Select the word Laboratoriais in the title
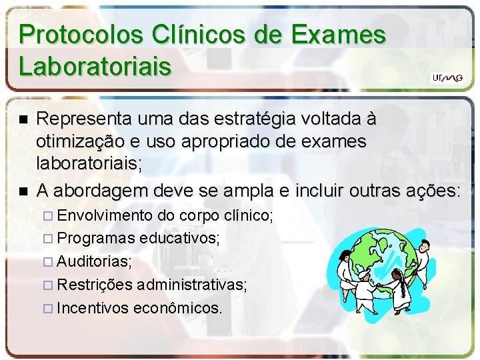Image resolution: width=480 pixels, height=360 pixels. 95,66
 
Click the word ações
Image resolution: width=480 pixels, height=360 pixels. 432,191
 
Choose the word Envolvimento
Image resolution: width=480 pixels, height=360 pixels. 105,216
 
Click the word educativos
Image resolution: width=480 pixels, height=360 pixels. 179,239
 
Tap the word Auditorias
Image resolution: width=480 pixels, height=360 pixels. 94,262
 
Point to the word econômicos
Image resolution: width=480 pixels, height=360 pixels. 178,308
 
